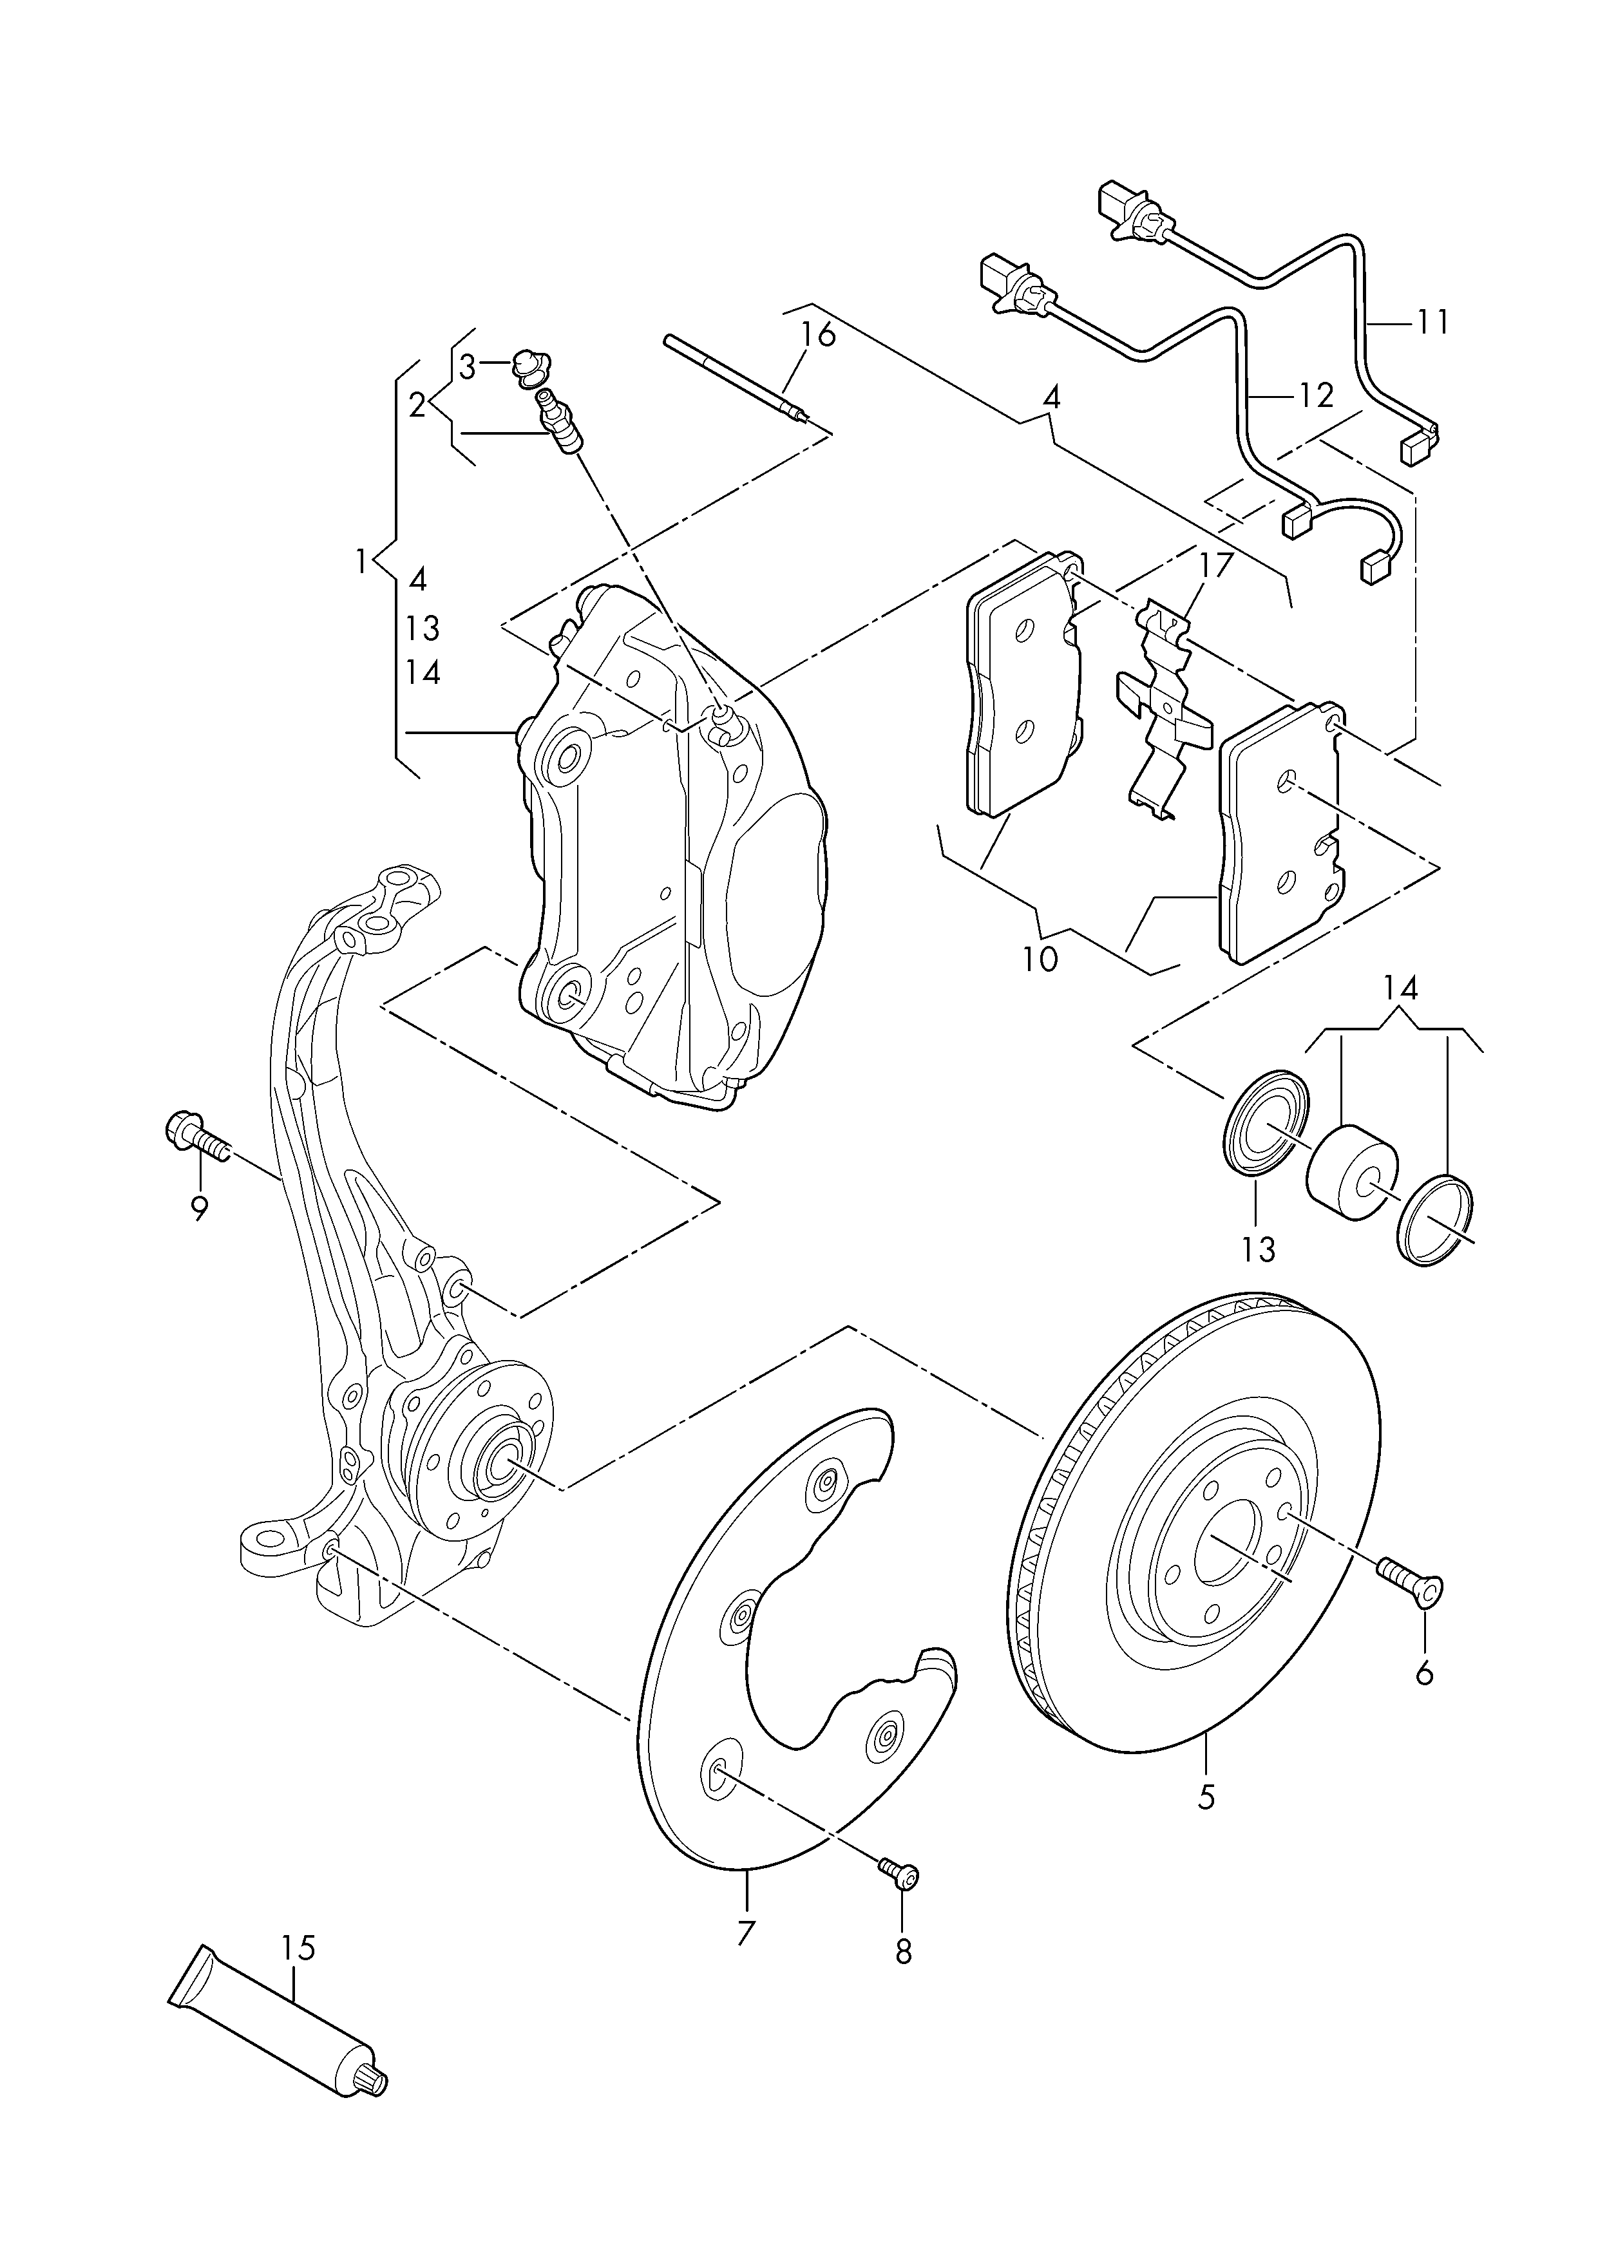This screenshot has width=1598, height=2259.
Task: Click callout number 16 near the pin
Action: (818, 334)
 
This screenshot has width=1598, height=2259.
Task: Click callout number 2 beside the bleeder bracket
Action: (418, 404)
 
